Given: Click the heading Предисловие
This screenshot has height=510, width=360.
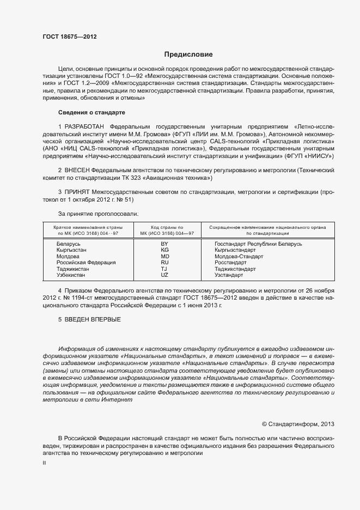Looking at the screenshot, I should (188, 54).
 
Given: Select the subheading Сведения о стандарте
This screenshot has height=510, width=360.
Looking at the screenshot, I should (91, 112).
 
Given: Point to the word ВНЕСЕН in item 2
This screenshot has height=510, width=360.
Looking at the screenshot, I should (77, 171).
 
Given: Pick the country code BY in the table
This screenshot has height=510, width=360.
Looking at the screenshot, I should (164, 244).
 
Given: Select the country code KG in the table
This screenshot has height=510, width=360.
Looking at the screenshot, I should (164, 250).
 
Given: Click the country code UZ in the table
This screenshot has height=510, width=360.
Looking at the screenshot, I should (164, 275).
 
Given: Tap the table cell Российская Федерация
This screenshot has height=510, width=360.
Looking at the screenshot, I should (86, 263).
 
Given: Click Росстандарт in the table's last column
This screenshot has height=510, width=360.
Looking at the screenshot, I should (231, 263).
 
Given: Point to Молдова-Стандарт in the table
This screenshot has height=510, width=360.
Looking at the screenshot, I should (239, 256).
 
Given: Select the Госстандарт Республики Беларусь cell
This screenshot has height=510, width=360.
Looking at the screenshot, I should (258, 244).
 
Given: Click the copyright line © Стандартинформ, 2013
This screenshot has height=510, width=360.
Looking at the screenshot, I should (298, 424).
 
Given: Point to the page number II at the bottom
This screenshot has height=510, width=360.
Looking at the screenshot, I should (45, 462).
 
